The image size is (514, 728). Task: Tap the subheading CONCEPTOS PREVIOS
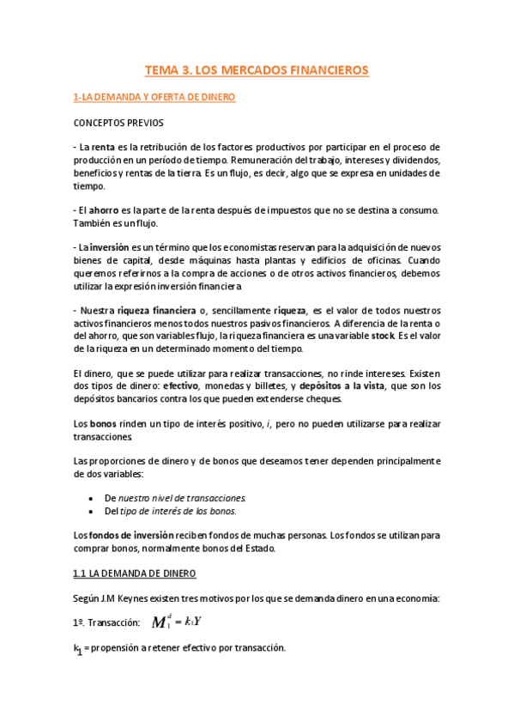[118, 122]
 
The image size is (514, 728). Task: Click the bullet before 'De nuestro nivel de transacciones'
[92, 497]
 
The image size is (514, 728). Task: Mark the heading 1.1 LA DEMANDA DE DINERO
[134, 572]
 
